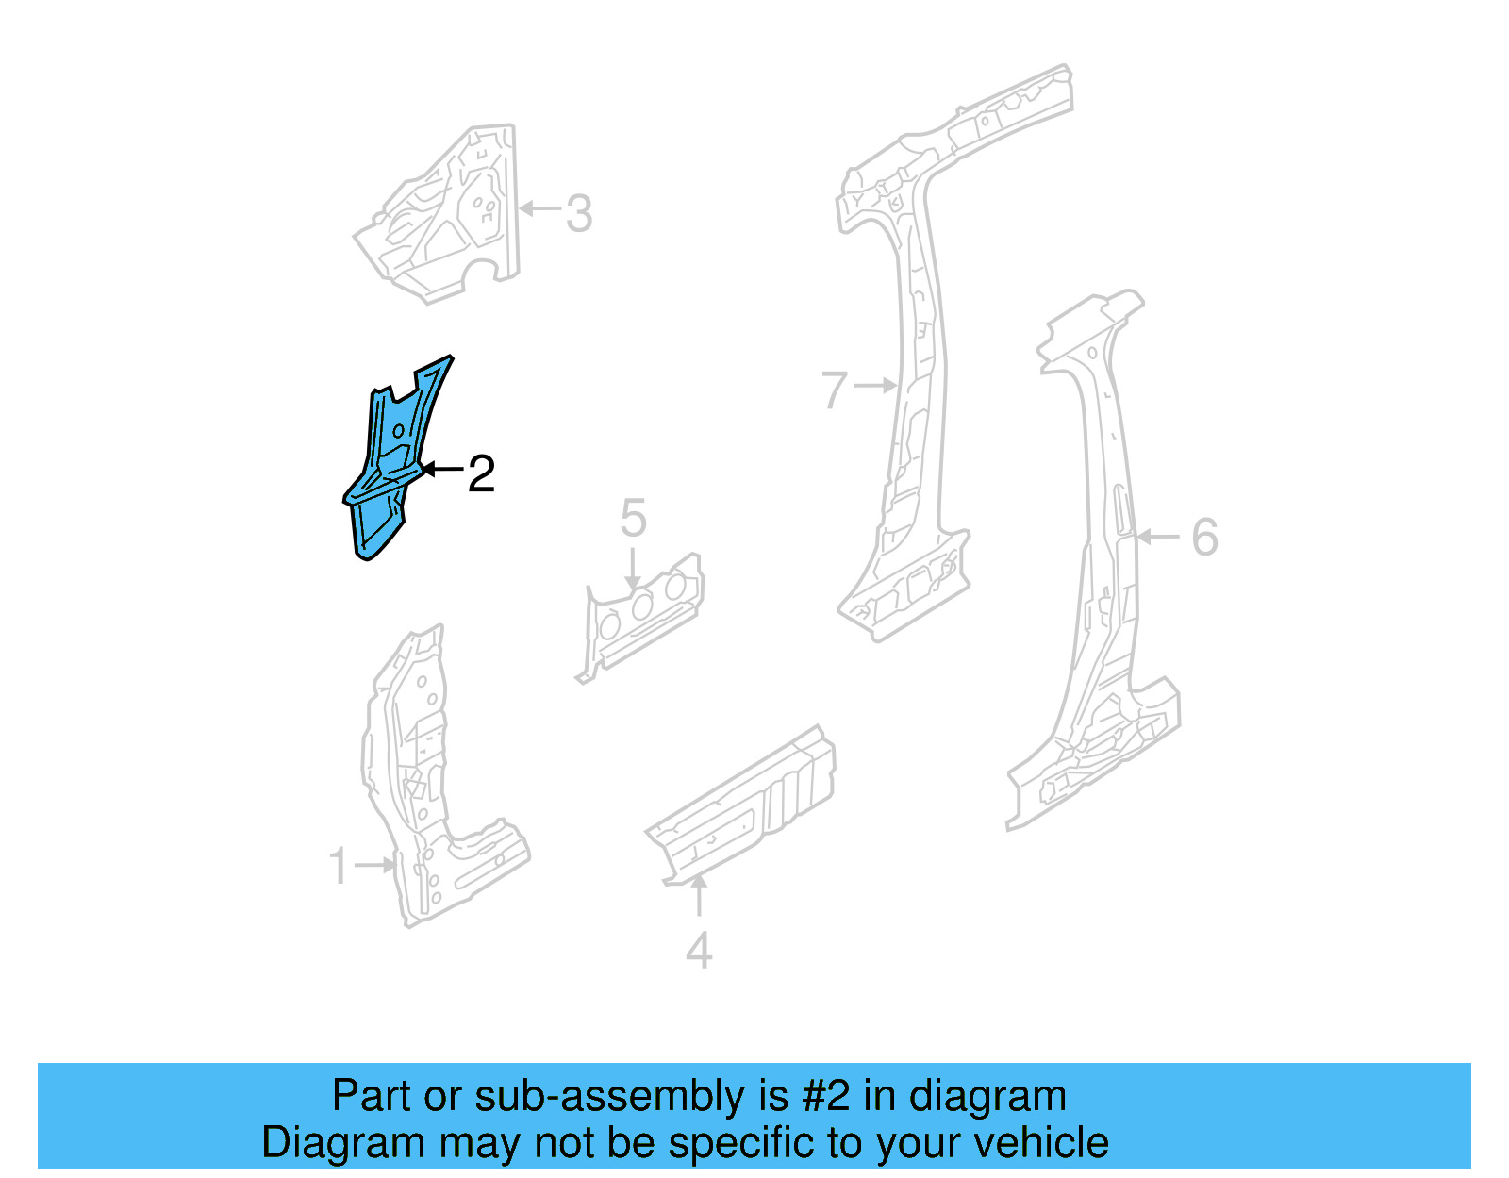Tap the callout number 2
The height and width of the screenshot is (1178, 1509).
click(481, 473)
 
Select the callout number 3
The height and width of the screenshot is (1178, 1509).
click(579, 213)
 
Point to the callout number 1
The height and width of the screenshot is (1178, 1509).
click(339, 866)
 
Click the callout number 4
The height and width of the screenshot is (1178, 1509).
click(699, 951)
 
